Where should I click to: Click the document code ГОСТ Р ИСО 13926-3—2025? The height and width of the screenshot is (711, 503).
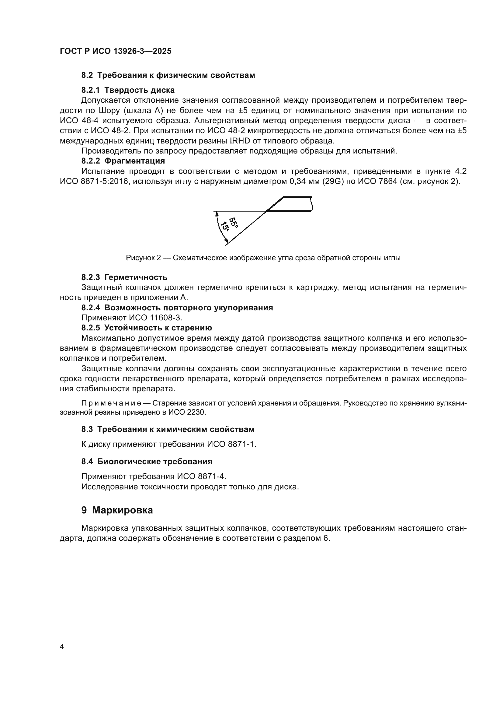point(116,51)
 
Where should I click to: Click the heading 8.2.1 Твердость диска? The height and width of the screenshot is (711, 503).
point(128,90)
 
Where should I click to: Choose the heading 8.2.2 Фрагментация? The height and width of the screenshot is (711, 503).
point(123,161)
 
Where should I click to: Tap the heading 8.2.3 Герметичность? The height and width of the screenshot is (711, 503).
point(124,277)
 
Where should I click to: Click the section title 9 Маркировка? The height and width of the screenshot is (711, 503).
point(117,510)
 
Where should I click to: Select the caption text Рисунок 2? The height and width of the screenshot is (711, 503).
point(144,258)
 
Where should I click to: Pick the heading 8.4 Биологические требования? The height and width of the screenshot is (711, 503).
point(147,461)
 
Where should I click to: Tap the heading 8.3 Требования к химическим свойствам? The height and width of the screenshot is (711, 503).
point(168,429)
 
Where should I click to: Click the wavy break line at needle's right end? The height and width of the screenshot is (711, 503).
point(312,204)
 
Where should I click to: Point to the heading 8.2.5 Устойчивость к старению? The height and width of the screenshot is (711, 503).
point(147,328)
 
